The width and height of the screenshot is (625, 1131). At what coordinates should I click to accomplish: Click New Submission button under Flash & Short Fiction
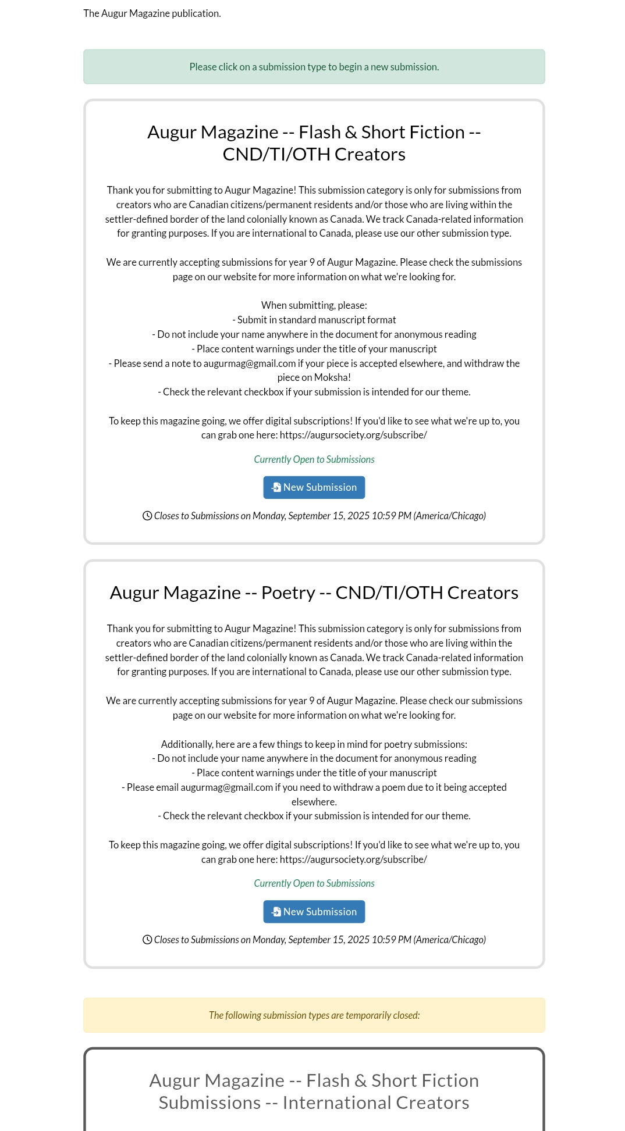click(x=314, y=487)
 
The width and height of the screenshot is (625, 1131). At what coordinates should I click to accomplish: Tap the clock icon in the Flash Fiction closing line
click(x=147, y=516)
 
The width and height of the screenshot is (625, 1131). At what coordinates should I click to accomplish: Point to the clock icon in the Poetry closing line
click(x=147, y=940)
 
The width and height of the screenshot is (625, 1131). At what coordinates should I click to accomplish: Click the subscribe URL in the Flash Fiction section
click(x=353, y=435)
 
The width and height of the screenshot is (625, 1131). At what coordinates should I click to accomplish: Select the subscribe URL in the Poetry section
click(x=353, y=859)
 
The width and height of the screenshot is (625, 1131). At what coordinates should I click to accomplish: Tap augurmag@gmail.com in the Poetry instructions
click(x=226, y=787)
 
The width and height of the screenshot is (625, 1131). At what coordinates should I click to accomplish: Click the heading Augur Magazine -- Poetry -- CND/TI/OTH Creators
click(x=314, y=593)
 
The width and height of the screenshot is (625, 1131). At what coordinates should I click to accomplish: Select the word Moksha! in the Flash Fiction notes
click(x=333, y=377)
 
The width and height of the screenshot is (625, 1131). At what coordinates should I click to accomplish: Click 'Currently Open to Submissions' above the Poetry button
click(x=314, y=883)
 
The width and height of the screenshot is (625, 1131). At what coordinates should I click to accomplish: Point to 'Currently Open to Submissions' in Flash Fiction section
click(x=314, y=459)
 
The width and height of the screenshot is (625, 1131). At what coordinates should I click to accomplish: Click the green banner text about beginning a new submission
click(x=314, y=67)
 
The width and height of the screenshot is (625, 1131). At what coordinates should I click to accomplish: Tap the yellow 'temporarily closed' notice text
click(x=314, y=1015)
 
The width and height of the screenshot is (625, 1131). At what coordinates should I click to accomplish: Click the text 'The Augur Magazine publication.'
click(x=152, y=13)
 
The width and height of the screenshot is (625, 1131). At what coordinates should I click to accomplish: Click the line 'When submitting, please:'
click(x=314, y=305)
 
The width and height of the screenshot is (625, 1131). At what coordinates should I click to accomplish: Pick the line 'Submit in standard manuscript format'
click(x=317, y=320)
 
